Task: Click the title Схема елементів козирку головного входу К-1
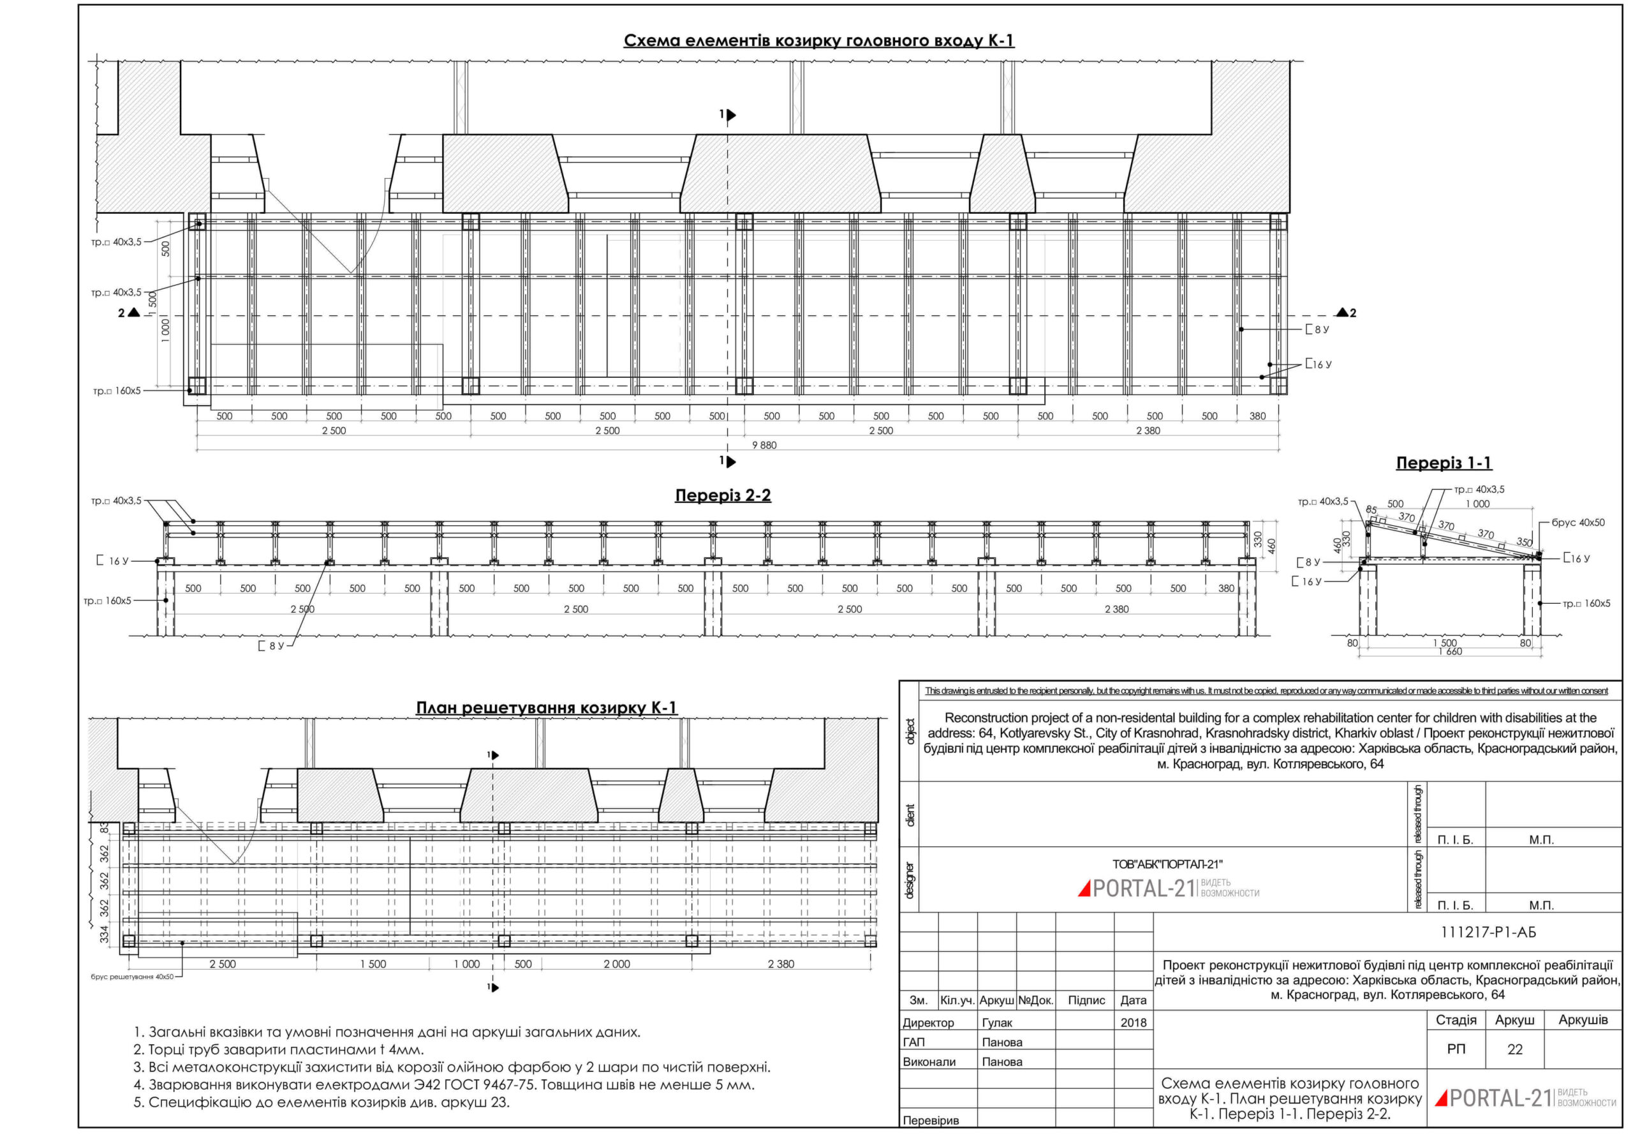pyautogui.click(x=818, y=41)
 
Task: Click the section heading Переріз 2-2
pyautogui.click(x=723, y=495)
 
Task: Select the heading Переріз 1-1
pyautogui.click(x=1443, y=463)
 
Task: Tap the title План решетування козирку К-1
pyautogui.click(x=546, y=708)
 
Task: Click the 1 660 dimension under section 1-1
pyautogui.click(x=1449, y=652)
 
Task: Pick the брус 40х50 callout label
pyautogui.click(x=1578, y=522)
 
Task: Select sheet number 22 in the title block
pyautogui.click(x=1514, y=1049)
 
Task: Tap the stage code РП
pyautogui.click(x=1456, y=1049)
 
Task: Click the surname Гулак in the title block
pyautogui.click(x=996, y=1023)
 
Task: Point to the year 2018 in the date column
pyautogui.click(x=1133, y=1023)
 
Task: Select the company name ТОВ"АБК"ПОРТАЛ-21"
pyautogui.click(x=1167, y=864)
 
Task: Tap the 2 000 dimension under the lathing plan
pyautogui.click(x=617, y=964)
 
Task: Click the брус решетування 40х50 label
pyautogui.click(x=132, y=977)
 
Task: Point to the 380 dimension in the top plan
pyautogui.click(x=1257, y=416)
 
